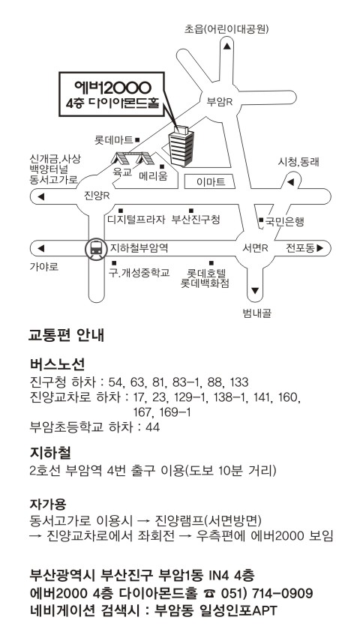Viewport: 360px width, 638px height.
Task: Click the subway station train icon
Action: [96, 248]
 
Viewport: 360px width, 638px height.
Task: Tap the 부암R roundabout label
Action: [220, 101]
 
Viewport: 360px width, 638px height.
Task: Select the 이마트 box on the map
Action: [210, 182]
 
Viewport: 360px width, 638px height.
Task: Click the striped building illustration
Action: [181, 145]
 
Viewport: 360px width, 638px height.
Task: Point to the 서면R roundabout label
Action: [255, 248]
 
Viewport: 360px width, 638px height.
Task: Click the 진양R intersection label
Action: [97, 196]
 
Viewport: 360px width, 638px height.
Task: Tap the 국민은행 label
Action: [285, 221]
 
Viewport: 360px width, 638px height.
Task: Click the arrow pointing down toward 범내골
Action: [255, 291]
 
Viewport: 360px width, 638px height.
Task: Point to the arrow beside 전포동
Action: [319, 248]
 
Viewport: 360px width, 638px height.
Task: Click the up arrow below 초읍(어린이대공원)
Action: [227, 46]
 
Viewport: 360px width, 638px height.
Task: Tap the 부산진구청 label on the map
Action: [196, 220]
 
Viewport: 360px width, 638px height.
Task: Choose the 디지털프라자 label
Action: [136, 220]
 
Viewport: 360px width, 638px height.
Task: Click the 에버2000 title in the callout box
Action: [112, 87]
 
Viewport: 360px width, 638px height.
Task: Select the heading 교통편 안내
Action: [67, 335]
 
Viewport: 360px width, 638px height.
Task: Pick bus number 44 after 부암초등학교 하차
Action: [153, 427]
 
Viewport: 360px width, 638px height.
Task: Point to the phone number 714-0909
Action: [283, 593]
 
